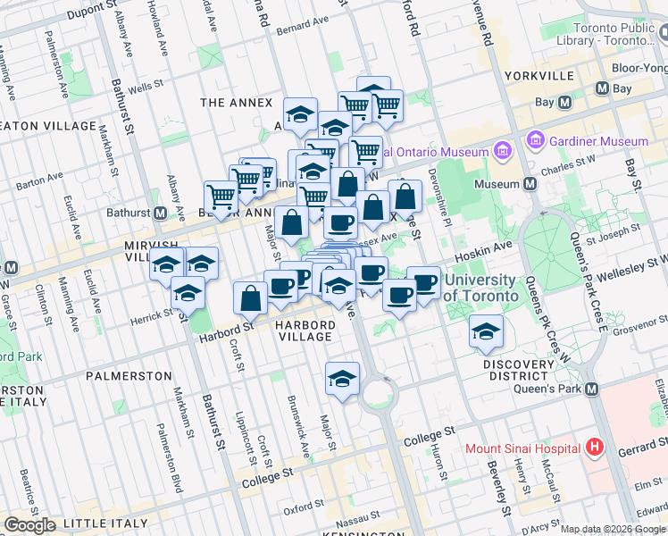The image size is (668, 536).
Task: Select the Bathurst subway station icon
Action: (161, 214)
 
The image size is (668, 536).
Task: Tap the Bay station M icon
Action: (564, 103)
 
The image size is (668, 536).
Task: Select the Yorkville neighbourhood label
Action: (539, 76)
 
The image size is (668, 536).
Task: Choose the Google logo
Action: (29, 524)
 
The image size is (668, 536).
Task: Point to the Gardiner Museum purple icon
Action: (536, 140)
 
